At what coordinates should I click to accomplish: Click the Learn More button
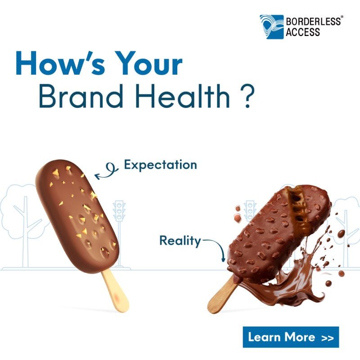291,337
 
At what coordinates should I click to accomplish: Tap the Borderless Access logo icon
271,27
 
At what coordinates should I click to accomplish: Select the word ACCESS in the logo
303,32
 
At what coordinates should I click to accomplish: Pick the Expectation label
160,165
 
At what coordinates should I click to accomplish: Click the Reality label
180,241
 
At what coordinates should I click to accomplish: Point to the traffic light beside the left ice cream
119,211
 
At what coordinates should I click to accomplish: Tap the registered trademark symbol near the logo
342,18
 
